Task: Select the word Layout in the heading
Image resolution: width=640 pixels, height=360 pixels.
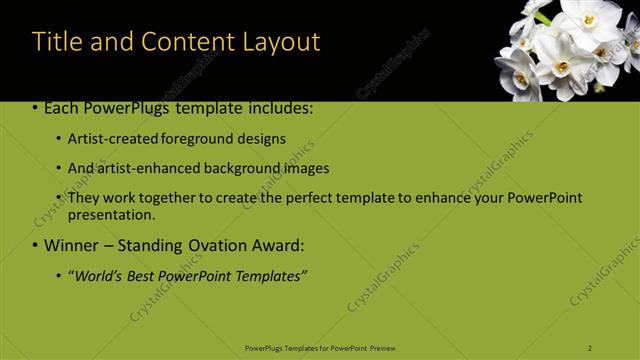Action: (283, 42)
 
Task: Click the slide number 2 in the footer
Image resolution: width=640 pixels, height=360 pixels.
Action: (590, 347)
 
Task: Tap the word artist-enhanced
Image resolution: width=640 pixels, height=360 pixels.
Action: (147, 168)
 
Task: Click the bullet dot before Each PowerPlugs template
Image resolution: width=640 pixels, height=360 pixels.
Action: (36, 108)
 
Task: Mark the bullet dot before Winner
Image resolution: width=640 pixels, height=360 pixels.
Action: (36, 245)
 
